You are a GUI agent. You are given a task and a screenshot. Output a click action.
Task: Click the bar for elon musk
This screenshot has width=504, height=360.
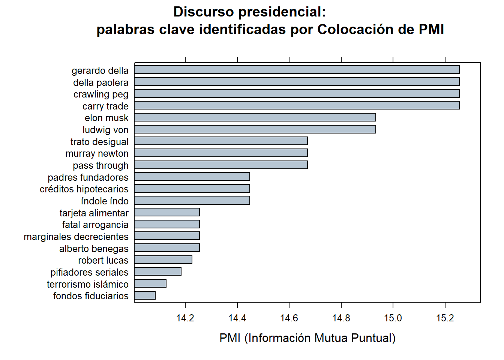point(255,117)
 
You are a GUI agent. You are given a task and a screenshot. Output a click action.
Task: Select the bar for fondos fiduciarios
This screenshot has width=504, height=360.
point(145,295)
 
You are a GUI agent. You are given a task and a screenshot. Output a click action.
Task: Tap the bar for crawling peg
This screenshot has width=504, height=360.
point(297,94)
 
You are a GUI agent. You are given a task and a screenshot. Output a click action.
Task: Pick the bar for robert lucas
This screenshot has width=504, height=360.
point(163,260)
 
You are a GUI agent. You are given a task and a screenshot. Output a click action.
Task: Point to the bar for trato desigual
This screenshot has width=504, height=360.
point(221,141)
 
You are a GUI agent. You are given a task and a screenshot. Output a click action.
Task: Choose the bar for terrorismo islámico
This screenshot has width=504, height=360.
point(150,283)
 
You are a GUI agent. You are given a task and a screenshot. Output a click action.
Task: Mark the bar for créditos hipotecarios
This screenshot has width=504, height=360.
point(192,189)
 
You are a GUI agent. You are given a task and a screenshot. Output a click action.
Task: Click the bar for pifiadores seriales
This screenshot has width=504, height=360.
point(158,271)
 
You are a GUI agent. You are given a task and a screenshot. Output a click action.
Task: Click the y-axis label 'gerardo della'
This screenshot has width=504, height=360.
point(100,70)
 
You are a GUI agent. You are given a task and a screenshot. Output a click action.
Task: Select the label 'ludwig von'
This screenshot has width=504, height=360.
point(105,130)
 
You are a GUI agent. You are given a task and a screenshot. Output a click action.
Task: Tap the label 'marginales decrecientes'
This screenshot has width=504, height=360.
point(76,237)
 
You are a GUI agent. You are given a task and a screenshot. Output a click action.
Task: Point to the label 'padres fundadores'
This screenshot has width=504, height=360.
point(88,177)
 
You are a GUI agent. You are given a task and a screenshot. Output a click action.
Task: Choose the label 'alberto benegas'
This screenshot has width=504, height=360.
point(94,249)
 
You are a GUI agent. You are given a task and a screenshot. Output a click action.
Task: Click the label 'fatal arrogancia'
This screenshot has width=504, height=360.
point(95,225)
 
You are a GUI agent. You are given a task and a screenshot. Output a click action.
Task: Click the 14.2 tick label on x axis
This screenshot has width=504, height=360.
point(185,318)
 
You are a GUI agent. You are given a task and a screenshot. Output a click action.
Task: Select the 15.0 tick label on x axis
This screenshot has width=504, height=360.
point(393,318)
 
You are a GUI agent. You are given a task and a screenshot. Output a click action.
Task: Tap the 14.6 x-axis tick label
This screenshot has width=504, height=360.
point(289,318)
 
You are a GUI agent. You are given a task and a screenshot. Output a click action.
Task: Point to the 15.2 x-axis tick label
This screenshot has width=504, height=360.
point(445,318)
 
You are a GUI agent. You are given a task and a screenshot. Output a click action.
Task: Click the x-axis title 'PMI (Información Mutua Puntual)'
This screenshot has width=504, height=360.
point(307,338)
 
